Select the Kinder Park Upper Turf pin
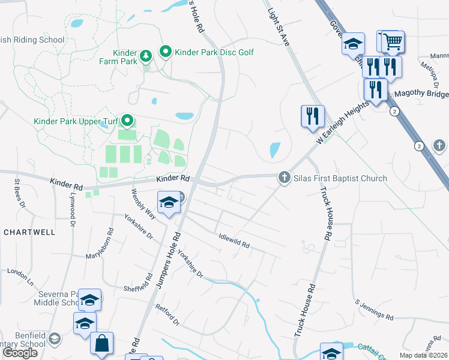pos(127,120)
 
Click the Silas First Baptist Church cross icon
pos(283,178)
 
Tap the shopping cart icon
pos(393,42)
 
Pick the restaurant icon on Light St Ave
pos(312,116)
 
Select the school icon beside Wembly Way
pos(169,203)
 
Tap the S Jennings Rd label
pos(374,309)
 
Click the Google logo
pos(20,353)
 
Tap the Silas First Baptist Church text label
pos(340,178)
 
